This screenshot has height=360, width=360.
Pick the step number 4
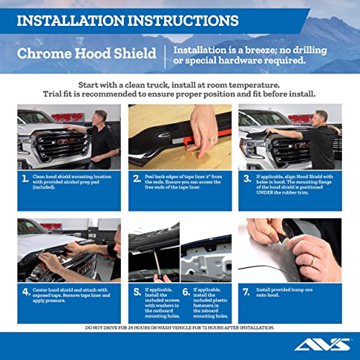coord(26,292)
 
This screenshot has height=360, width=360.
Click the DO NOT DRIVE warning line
coord(179,327)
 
